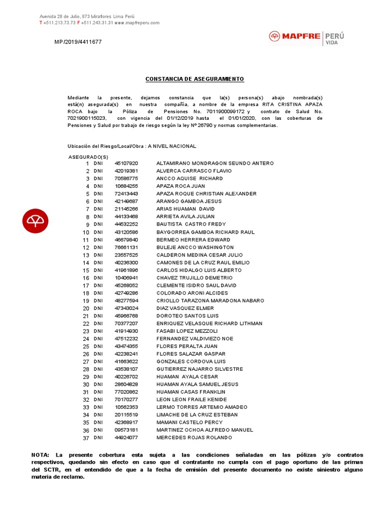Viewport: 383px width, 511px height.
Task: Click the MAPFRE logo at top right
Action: pyautogui.click(x=306, y=37)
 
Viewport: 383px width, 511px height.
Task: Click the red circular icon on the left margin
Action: pyautogui.click(x=35, y=220)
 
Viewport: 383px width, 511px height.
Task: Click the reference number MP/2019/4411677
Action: pyautogui.click(x=78, y=42)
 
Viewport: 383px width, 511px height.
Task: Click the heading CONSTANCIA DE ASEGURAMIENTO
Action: pyautogui.click(x=194, y=79)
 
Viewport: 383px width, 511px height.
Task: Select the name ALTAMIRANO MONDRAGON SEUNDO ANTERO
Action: pyautogui.click(x=215, y=163)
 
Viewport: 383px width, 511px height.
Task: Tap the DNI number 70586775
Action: pyautogui.click(x=126, y=178)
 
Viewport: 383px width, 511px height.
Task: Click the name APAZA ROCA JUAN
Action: pyautogui.click(x=181, y=186)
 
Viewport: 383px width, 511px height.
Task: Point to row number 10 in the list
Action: pyautogui.click(x=86, y=233)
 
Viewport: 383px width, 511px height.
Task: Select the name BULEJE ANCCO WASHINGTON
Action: pyautogui.click(x=195, y=248)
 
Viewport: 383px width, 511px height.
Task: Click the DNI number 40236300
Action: pyautogui.click(x=126, y=262)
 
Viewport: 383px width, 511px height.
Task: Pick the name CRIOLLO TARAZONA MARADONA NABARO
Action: pyautogui.click(x=210, y=301)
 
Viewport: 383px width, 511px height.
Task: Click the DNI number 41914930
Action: pyautogui.click(x=126, y=331)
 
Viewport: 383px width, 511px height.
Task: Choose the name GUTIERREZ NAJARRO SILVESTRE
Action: pyautogui.click(x=199, y=369)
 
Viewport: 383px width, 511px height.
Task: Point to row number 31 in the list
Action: pyautogui.click(x=86, y=392)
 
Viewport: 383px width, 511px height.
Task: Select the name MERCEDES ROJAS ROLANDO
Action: pyautogui.click(x=194, y=438)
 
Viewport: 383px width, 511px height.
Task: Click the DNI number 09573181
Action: pyautogui.click(x=126, y=430)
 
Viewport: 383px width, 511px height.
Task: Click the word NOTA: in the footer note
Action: pyautogui.click(x=40, y=455)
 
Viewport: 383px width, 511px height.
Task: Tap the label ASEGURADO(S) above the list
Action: pyautogui.click(x=88, y=157)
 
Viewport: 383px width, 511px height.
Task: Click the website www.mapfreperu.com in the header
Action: pyautogui.click(x=137, y=22)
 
